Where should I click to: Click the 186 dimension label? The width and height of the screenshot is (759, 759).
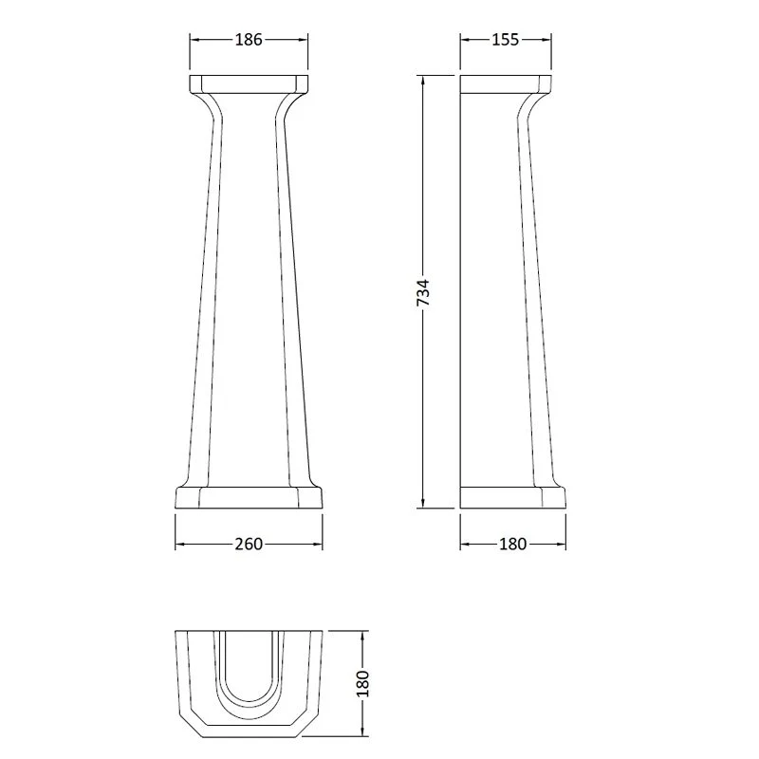click(249, 40)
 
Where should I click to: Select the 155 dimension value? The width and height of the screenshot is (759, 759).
click(506, 40)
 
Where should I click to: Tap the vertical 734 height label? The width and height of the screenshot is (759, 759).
click(423, 292)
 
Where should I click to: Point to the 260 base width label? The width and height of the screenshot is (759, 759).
click(249, 544)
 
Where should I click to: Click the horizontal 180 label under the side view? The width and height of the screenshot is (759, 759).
click(512, 544)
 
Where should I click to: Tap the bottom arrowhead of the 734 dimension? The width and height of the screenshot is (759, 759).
click(423, 504)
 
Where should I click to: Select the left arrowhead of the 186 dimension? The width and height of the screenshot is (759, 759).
click(194, 40)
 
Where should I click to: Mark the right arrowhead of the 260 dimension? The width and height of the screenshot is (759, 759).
click(317, 544)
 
